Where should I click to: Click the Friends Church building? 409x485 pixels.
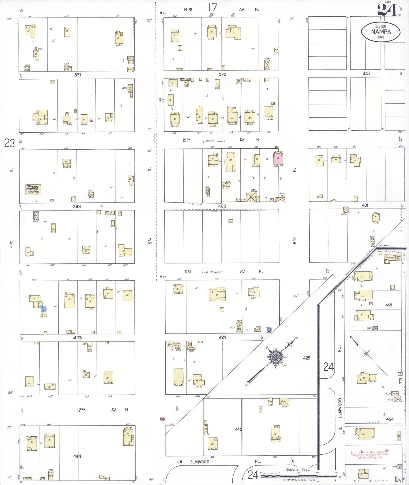pyautogui.click(x=33, y=190)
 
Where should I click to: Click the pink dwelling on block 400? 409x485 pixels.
pyautogui.click(x=278, y=158)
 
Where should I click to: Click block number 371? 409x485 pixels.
pyautogui.click(x=78, y=75)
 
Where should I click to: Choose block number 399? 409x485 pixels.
pyautogui.click(x=77, y=206)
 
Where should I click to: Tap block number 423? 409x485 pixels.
pyautogui.click(x=77, y=338)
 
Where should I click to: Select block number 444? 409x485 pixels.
pyautogui.click(x=77, y=456)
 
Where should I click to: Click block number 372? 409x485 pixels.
pyautogui.click(x=222, y=74)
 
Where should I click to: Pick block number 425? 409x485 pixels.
pyautogui.click(x=307, y=358)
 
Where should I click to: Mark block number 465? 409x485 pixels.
pyautogui.click(x=389, y=305)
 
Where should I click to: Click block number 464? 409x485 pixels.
pyautogui.click(x=390, y=419)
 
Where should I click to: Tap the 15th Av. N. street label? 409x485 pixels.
pyautogui.click(x=221, y=140)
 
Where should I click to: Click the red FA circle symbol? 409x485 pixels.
pyautogui.click(x=162, y=419)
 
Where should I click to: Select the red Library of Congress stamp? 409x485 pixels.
pyautogui.click(x=369, y=455)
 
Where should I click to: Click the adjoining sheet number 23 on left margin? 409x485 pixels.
pyautogui.click(x=9, y=143)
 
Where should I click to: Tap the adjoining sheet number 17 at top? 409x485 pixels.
pyautogui.click(x=212, y=7)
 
